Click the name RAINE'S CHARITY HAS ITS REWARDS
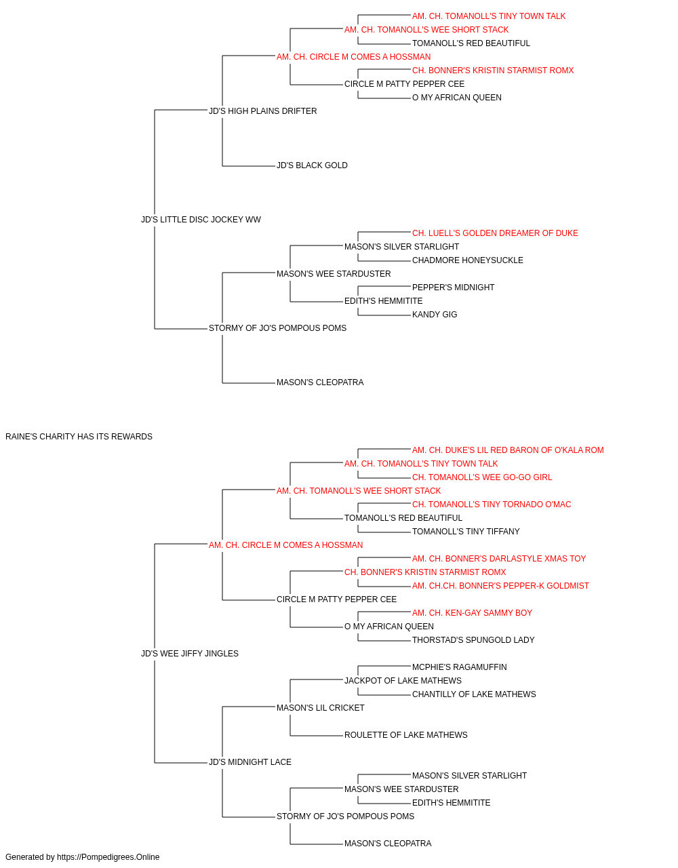pos(79,437)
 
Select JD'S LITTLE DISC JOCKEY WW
pos(201,220)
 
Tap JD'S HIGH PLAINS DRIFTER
pos(263,111)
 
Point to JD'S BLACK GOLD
pos(312,165)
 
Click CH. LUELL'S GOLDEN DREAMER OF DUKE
pos(495,233)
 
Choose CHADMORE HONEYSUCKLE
pos(468,260)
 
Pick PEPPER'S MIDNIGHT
pos(453,288)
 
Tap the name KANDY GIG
pos(435,315)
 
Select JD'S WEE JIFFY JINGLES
pos(190,654)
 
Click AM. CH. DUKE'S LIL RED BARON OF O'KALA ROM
pos(508,450)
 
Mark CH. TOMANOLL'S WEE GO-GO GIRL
pos(482,477)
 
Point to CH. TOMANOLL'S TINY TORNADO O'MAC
pos(492,505)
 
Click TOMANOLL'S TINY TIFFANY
pos(466,532)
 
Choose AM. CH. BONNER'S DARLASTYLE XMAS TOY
pos(499,559)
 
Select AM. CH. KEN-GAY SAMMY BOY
pos(472,613)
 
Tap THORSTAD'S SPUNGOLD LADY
pos(473,640)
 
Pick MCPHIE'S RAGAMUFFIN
pos(459,667)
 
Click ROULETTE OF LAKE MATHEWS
pos(405,735)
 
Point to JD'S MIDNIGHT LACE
pos(250,762)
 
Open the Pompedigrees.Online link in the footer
pos(108,857)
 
